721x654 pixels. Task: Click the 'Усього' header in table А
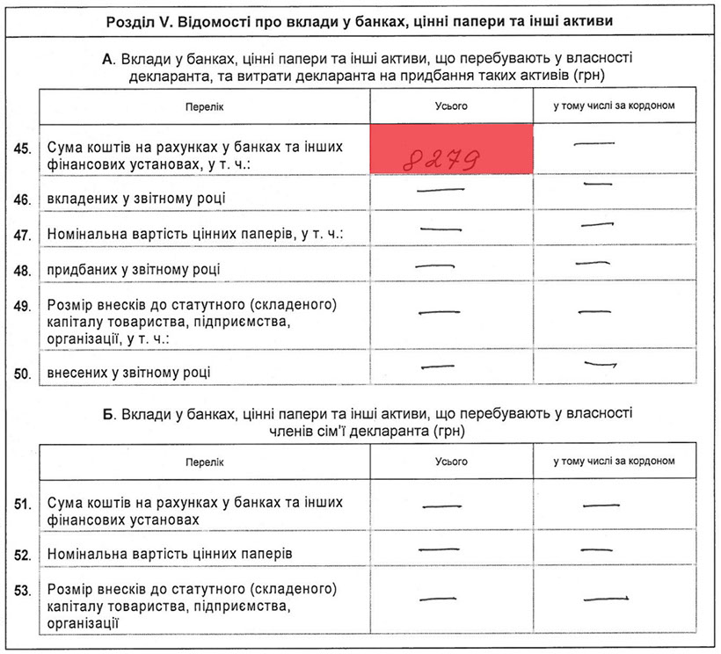pos(451,106)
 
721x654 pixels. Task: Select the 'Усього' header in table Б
pos(451,461)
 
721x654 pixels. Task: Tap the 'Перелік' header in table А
pos(204,106)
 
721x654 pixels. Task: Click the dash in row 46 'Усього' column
pos(441,189)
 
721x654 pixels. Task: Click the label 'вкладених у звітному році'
pos(135,199)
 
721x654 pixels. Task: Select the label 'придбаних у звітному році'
pos(133,268)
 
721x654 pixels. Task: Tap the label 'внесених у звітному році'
pos(128,374)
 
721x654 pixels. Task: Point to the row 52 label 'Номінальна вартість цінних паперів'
pos(169,555)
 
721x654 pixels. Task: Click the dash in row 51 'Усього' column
pos(442,505)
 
